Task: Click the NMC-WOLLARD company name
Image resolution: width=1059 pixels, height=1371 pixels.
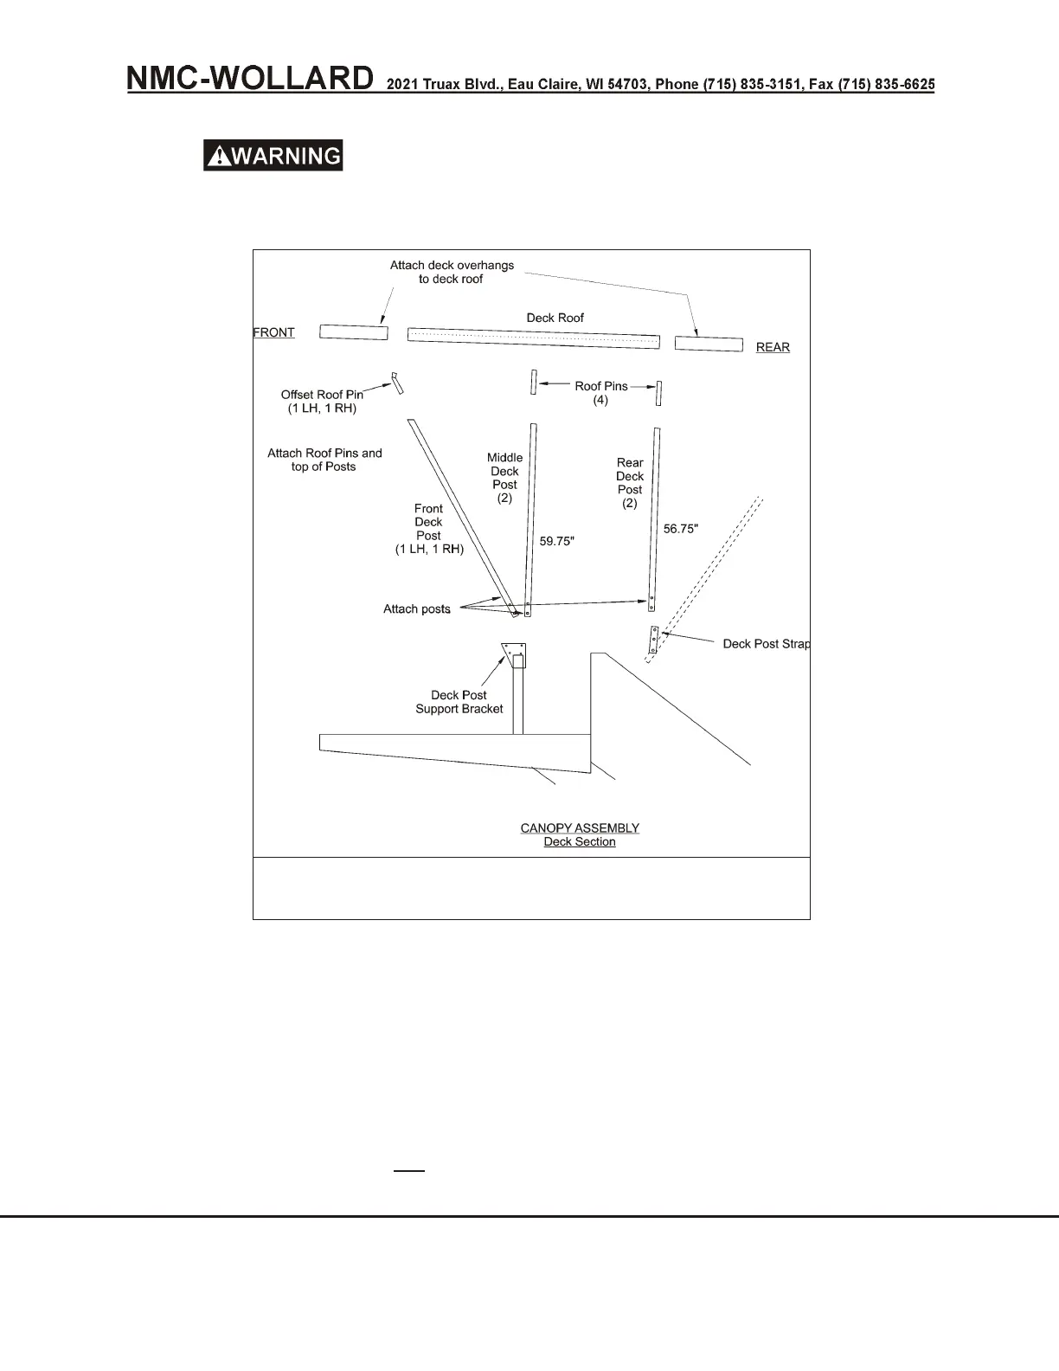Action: click(x=251, y=80)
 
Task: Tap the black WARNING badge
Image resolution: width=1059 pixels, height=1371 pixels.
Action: click(x=273, y=156)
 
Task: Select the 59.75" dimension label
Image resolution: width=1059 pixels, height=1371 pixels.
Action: click(x=556, y=542)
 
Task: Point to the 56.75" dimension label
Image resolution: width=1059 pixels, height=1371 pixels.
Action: click(x=681, y=529)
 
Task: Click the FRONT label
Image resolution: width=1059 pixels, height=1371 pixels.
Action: click(x=274, y=332)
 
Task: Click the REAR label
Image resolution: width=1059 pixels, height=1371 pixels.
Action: click(x=773, y=347)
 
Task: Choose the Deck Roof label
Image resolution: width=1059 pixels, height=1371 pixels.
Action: click(x=555, y=318)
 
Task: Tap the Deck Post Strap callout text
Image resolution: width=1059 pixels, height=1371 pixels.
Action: click(x=767, y=644)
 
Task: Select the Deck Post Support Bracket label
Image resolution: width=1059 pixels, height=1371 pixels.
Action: click(x=459, y=702)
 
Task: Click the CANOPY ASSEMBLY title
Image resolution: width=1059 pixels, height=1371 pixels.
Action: click(x=580, y=828)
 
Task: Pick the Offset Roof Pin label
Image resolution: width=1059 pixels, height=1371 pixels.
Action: click(x=322, y=401)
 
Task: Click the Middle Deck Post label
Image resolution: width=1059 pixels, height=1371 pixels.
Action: click(x=504, y=478)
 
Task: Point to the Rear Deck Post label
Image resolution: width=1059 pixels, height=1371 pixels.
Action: click(x=630, y=483)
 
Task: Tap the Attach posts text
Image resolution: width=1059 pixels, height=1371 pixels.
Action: click(x=417, y=609)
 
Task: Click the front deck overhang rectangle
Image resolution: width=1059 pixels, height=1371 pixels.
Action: click(x=353, y=332)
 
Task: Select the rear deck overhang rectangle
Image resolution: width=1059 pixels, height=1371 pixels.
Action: click(x=709, y=344)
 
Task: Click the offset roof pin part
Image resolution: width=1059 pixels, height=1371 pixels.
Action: click(x=396, y=383)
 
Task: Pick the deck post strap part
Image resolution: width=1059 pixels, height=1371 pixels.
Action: click(x=655, y=640)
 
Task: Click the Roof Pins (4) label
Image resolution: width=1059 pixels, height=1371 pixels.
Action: click(x=601, y=393)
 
